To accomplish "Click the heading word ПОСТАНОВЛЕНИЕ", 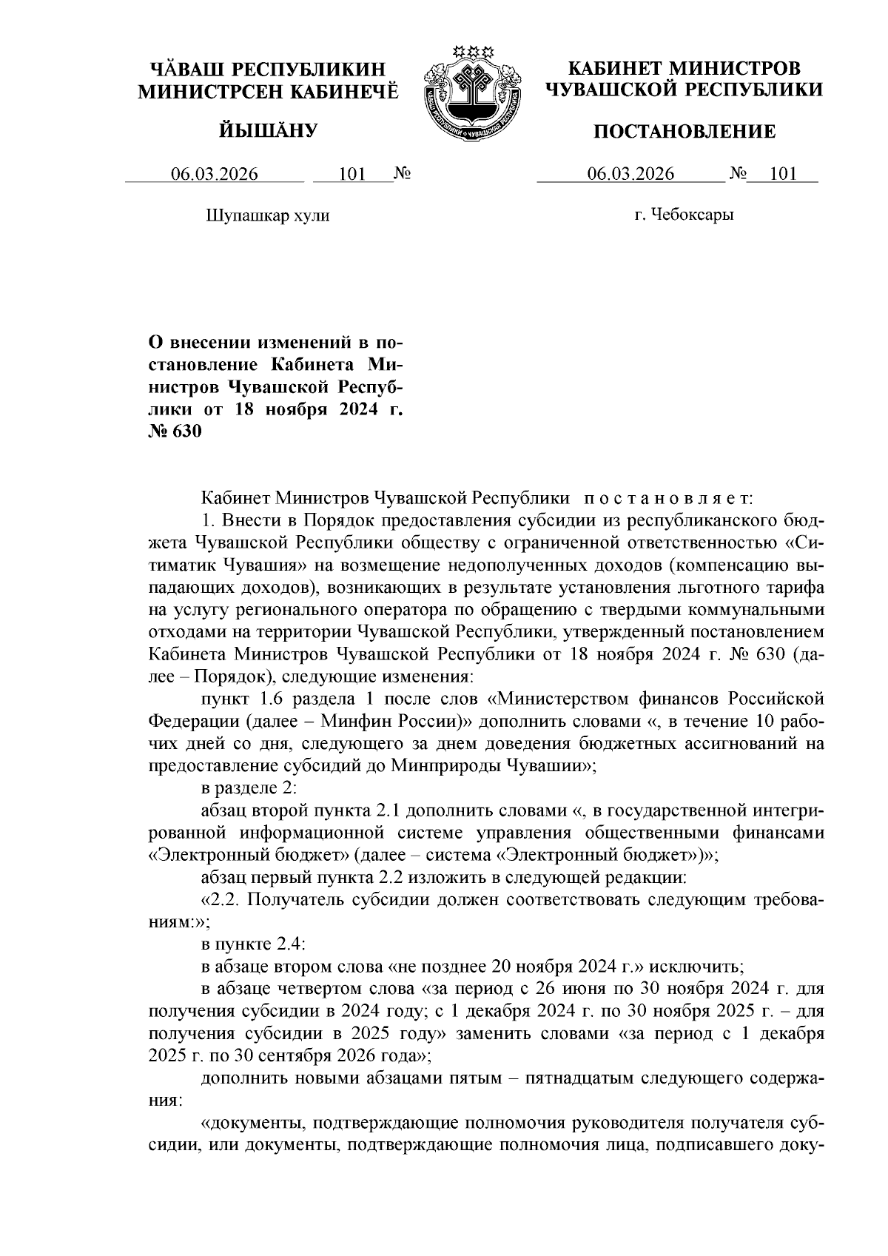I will tap(685, 132).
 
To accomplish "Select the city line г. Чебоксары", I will tap(684, 215).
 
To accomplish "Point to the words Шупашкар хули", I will tap(266, 215).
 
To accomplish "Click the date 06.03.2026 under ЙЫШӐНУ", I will tap(215, 175).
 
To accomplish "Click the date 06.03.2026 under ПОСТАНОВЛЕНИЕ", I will tap(631, 175).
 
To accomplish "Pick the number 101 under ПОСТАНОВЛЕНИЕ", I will tap(782, 175).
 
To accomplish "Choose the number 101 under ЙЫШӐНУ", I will tap(352, 175).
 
